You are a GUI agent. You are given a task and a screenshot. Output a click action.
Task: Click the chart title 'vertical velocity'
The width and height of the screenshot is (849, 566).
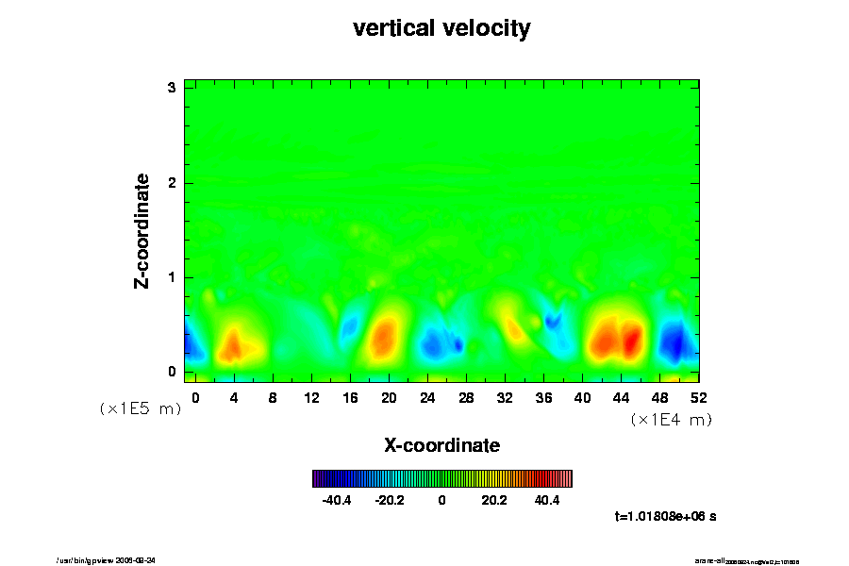(441, 28)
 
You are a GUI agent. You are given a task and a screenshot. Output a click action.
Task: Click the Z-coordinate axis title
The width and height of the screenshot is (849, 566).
(142, 229)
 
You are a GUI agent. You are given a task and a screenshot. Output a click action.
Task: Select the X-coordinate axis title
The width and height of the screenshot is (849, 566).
(441, 444)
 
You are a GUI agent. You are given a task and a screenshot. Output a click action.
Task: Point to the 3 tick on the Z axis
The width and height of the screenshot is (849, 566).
(173, 88)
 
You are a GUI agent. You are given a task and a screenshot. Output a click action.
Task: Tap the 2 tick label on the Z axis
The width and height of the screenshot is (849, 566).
(173, 182)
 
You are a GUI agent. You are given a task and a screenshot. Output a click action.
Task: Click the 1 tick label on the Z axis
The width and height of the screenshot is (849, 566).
(173, 276)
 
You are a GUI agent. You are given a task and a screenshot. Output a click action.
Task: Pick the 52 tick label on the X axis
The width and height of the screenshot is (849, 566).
(699, 397)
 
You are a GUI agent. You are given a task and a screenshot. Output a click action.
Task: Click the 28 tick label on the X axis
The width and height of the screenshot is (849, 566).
(466, 397)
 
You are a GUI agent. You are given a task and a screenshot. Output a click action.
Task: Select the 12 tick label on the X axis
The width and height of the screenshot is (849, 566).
(311, 397)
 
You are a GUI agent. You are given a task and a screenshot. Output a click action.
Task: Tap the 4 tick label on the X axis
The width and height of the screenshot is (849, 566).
(234, 397)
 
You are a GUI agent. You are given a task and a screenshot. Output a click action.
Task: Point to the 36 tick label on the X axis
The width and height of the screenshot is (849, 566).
(544, 397)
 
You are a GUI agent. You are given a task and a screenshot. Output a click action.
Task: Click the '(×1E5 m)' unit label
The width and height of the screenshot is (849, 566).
(141, 408)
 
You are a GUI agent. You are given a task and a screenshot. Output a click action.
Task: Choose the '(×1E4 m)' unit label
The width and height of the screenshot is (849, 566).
(671, 420)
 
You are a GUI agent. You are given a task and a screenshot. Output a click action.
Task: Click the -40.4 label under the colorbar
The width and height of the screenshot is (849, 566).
(337, 500)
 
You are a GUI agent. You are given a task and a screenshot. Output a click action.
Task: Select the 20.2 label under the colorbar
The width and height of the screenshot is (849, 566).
(494, 500)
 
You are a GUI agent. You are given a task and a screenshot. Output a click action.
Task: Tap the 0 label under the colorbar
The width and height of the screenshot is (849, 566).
(441, 500)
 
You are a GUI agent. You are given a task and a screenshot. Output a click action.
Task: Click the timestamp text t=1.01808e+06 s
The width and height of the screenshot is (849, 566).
(665, 516)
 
